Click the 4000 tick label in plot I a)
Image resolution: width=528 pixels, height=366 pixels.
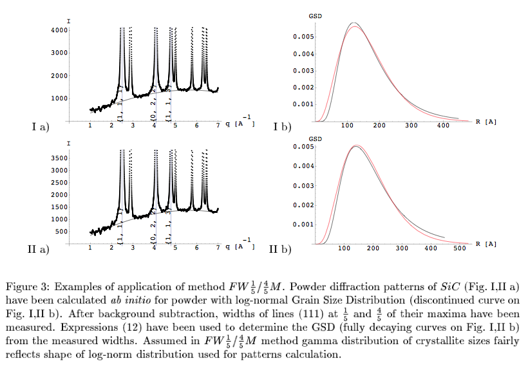tap(59, 30)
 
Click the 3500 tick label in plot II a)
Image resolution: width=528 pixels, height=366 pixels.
tap(59, 158)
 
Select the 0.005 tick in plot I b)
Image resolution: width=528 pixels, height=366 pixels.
tap(303, 37)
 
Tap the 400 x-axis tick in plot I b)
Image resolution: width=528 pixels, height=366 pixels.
tap(444, 126)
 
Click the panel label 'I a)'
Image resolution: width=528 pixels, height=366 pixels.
tap(40, 127)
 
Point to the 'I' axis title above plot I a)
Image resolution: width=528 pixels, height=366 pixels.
tap(69, 22)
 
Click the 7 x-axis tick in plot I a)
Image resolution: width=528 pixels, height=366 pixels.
tap(218, 126)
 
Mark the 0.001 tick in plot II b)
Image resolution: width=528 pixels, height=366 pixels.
tap(303, 224)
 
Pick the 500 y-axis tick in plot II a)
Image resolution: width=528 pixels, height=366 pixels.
tap(61, 232)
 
